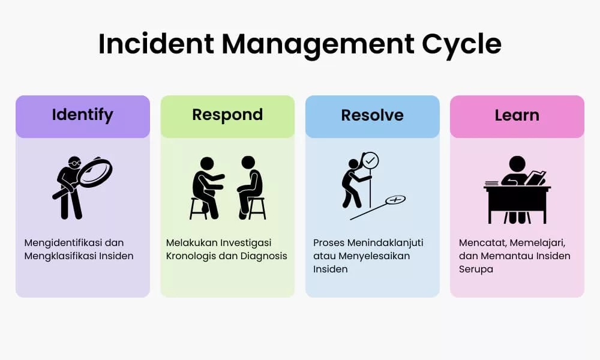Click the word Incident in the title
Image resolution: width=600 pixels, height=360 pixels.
156,44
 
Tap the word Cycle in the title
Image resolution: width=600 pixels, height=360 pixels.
461,46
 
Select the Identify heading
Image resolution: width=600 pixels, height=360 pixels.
83,115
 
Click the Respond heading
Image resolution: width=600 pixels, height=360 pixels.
227,115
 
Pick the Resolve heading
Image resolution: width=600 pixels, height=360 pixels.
373,115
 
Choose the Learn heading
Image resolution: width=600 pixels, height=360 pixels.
517,115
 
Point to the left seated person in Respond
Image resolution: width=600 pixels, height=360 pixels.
206,187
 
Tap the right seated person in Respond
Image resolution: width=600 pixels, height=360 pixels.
251,187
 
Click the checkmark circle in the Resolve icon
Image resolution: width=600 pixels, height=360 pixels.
370,161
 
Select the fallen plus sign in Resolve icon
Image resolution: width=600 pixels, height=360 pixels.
395,200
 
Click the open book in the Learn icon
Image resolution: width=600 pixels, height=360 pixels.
536,178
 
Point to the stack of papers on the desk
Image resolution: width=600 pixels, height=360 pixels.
492,183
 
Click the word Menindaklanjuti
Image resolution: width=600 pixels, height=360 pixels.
385,243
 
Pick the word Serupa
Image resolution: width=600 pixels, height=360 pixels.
476,269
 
